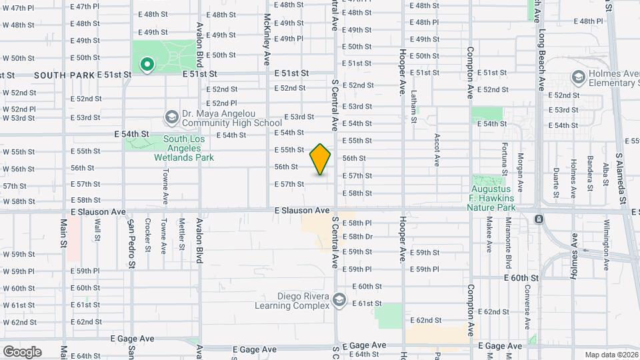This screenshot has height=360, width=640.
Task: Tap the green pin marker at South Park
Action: (147, 65)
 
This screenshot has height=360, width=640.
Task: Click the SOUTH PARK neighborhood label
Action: (64, 75)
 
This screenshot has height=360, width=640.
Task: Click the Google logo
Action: (22, 351)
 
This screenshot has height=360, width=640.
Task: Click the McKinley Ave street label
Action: (267, 39)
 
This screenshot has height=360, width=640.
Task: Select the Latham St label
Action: (413, 107)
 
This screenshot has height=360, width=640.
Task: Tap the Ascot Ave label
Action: (437, 149)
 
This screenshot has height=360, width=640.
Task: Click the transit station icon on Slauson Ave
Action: (539, 219)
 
